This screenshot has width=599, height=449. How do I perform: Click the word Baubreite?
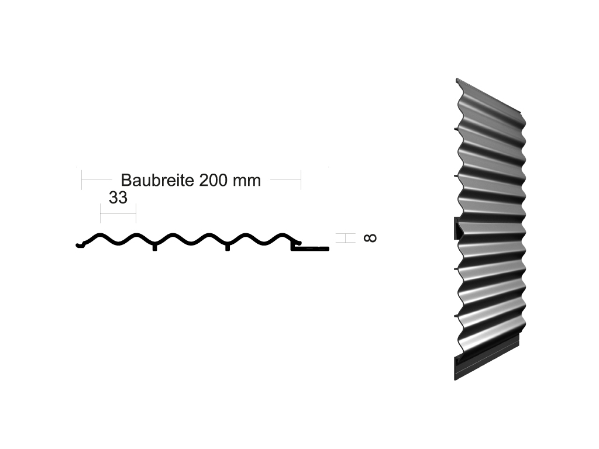pyautogui.click(x=157, y=179)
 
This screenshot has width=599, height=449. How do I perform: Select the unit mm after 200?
pyautogui.click(x=246, y=181)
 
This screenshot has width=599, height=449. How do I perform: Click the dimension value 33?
pyautogui.click(x=118, y=198)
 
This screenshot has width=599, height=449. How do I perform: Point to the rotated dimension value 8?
pyautogui.click(x=370, y=237)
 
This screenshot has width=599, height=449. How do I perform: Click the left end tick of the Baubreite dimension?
pyautogui.click(x=82, y=180)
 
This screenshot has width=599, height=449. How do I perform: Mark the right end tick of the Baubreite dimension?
pyautogui.click(x=301, y=180)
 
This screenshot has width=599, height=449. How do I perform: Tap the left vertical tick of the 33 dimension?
pyautogui.click(x=101, y=213)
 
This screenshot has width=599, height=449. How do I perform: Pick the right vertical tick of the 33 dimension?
pyautogui.click(x=136, y=213)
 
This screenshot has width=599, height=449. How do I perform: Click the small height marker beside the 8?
pyautogui.click(x=346, y=237)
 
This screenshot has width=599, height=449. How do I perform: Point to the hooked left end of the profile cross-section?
pyautogui.click(x=79, y=244)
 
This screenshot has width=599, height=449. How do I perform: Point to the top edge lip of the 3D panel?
pyautogui.click(x=488, y=94)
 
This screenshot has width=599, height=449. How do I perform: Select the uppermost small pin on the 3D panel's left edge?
pyautogui.click(x=456, y=126)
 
